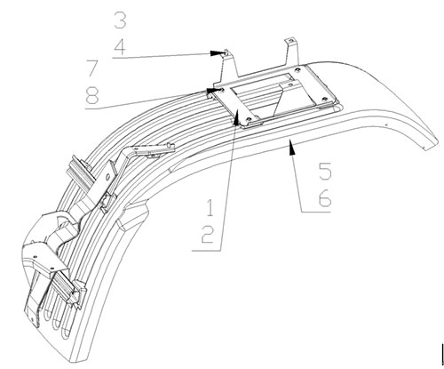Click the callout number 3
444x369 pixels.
click(x=120, y=20)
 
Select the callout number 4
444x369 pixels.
click(x=120, y=47)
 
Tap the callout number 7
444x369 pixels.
click(x=91, y=68)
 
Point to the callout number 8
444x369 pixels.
click(x=91, y=95)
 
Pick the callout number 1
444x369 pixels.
click(x=210, y=208)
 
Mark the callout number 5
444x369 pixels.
click(x=325, y=171)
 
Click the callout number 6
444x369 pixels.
click(x=325, y=198)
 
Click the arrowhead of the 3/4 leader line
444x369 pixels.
click(x=216, y=53)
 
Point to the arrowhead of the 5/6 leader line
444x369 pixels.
click(x=291, y=147)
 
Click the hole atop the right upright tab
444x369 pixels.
click(x=290, y=41)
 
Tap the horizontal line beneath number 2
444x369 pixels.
click(x=207, y=251)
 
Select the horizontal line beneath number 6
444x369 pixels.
click(x=315, y=212)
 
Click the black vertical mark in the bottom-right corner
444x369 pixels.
click(x=442, y=354)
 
